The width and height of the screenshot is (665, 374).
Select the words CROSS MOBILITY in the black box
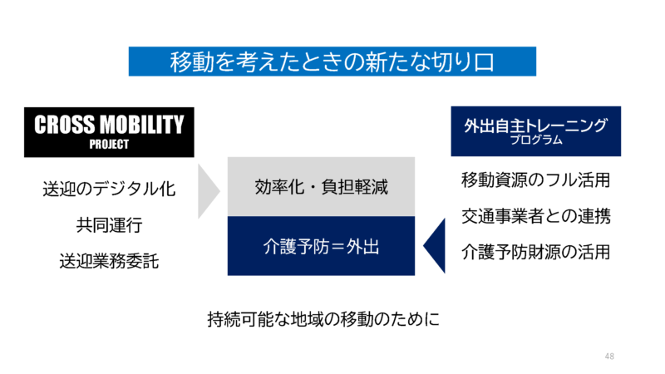coord(108,125)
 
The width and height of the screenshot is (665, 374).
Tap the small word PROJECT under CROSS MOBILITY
coord(108,143)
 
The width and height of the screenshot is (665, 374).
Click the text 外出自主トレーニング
coord(535,125)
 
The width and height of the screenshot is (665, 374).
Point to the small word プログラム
coord(535,140)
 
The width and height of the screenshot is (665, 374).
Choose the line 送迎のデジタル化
coord(109,189)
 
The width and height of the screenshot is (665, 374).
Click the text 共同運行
coord(109,224)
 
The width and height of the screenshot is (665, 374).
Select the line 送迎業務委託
coord(109,260)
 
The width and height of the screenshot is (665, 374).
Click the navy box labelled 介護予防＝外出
coord(321,246)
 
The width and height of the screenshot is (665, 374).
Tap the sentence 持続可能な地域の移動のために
coord(323,318)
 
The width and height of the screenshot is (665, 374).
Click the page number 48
coord(609,357)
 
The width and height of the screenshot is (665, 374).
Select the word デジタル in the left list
coord(121,189)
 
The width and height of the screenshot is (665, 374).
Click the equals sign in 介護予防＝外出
coord(335,246)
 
